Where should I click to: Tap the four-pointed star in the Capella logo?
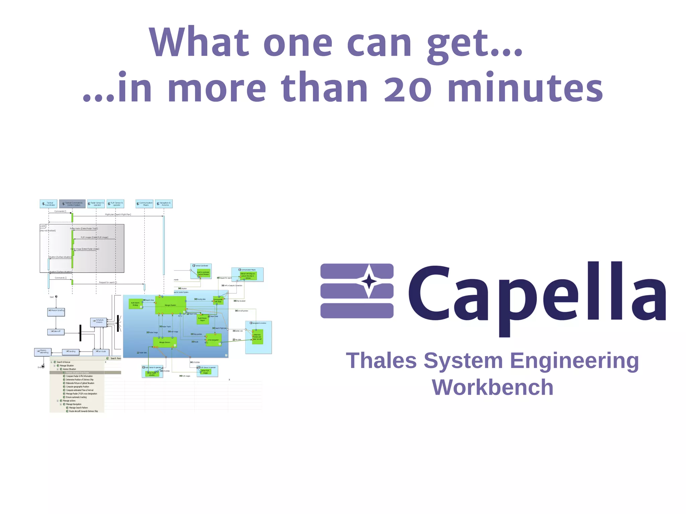pyautogui.click(x=369, y=281)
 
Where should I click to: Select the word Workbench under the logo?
pyautogui.click(x=492, y=387)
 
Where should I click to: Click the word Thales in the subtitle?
pyautogui.click(x=381, y=361)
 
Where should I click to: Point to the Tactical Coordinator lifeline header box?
pyautogui.click(x=49, y=204)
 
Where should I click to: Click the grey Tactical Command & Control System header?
pyautogui.click(x=72, y=204)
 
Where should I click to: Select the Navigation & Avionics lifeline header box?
pyautogui.click(x=164, y=204)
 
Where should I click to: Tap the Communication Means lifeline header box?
pyautogui.click(x=145, y=204)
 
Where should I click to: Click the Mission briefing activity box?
pyautogui.click(x=56, y=312)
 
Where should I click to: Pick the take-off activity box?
pyautogui.click(x=56, y=332)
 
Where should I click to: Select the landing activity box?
pyautogui.click(x=71, y=352)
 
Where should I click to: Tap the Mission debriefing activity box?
pyautogui.click(x=43, y=352)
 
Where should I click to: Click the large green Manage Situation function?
pyautogui.click(x=170, y=305)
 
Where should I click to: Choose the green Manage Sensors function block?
pyautogui.click(x=164, y=342)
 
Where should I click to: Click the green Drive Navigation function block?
pyautogui.click(x=214, y=340)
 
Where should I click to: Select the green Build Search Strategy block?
pyautogui.click(x=136, y=304)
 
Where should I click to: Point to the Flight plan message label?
pyautogui.click(x=118, y=214)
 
